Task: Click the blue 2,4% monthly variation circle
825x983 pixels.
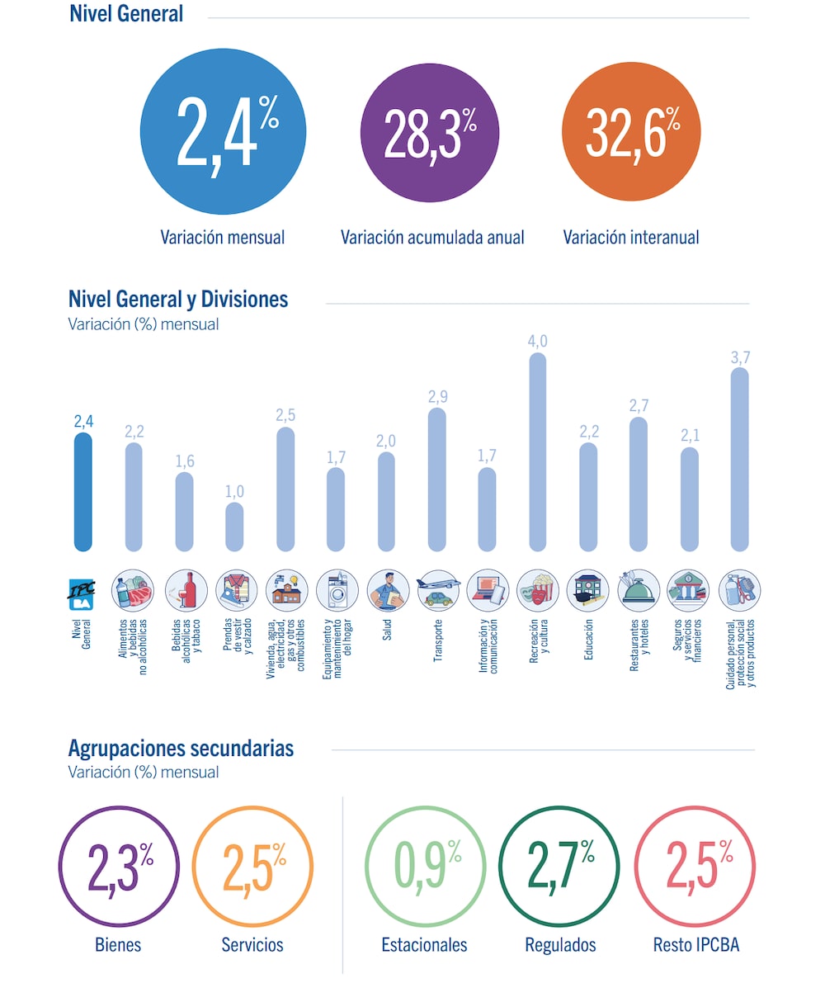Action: point(223,133)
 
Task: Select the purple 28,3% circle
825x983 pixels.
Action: point(430,133)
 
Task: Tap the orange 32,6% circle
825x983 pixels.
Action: point(631,133)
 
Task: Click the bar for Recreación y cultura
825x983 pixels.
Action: point(537,452)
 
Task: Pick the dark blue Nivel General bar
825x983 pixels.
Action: point(82,492)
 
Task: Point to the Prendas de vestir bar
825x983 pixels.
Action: point(234,527)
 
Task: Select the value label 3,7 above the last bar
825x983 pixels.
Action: point(740,357)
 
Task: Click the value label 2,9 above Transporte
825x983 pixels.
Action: point(436,397)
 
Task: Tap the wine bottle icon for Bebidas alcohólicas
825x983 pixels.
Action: point(184,590)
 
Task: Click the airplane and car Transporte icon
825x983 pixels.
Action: point(436,590)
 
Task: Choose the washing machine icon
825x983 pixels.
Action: point(336,590)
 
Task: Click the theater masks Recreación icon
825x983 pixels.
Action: point(537,590)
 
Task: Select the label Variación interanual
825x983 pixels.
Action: point(631,238)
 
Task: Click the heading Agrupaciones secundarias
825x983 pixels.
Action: point(181,749)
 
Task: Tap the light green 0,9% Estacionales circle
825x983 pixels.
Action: point(424,867)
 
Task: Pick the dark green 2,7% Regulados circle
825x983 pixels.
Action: point(560,867)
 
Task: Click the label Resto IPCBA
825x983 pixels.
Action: point(695,945)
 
